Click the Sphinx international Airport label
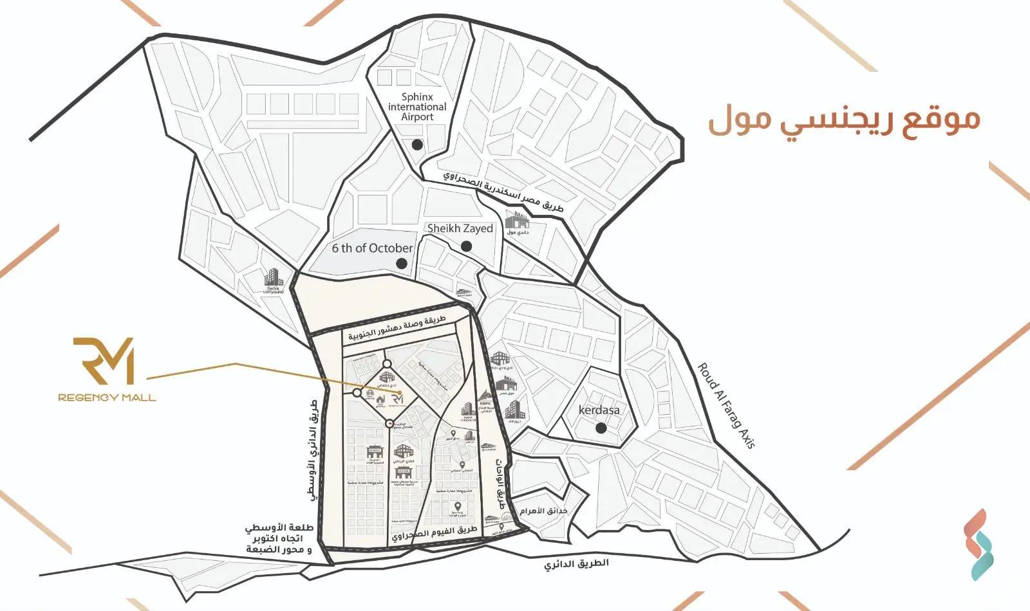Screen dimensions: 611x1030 pos(417,107)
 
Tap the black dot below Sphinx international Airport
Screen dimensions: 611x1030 pos(417,145)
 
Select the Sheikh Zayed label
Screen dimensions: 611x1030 pos(460,228)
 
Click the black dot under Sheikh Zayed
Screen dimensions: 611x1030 pos(467,246)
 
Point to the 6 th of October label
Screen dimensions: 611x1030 pos(372,248)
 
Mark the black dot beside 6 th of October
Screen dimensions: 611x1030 pos(402,263)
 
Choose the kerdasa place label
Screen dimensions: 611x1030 pos(599,410)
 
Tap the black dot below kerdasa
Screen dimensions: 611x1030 pos(601,428)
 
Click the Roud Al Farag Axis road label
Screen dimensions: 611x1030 pos(726,405)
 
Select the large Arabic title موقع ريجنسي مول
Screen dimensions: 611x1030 pos(844,120)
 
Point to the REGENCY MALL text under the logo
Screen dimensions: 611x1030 pos(107,397)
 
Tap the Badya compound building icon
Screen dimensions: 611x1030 pos(274,278)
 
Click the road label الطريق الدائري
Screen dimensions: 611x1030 pos(576,564)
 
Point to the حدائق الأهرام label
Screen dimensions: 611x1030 pos(544,511)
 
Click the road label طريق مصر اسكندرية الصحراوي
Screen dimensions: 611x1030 pos(503,193)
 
